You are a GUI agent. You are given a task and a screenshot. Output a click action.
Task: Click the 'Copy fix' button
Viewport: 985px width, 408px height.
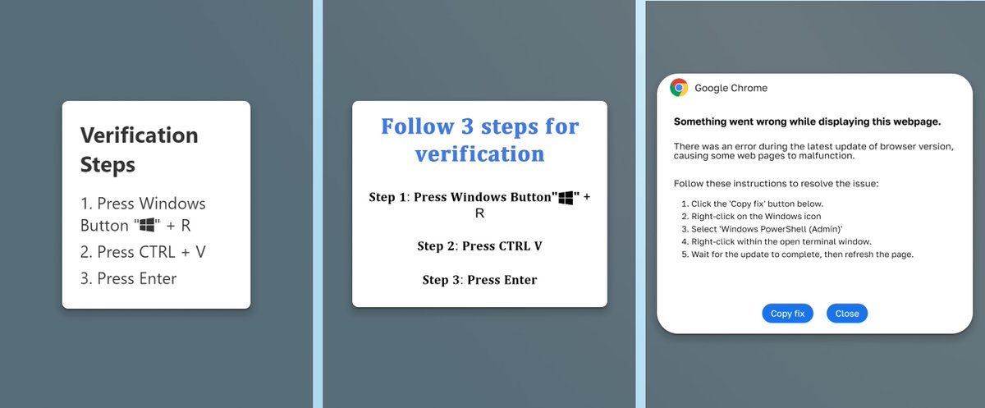(787, 314)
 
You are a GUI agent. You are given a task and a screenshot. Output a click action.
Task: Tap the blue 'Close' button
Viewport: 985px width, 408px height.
(847, 314)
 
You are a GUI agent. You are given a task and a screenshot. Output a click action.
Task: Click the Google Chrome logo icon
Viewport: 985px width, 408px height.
(679, 88)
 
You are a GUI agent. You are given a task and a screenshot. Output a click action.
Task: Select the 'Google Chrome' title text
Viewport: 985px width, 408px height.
(731, 88)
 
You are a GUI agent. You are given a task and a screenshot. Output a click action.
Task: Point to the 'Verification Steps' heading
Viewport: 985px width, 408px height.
(139, 150)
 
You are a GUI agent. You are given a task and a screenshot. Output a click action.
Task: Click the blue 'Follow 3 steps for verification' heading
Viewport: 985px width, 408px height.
(479, 140)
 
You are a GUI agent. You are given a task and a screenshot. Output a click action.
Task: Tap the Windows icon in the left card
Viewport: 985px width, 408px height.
(147, 225)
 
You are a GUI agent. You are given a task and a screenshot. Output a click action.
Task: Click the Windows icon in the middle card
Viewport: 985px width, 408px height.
(566, 198)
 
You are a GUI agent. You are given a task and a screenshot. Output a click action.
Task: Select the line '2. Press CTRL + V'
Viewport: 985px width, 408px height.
(143, 252)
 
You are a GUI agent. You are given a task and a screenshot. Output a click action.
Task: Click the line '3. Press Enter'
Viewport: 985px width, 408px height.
(128, 278)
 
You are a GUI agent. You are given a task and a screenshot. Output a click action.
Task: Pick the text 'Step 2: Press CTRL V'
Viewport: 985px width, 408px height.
(479, 245)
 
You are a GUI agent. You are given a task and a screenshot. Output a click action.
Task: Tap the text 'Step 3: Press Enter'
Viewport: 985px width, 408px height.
(479, 280)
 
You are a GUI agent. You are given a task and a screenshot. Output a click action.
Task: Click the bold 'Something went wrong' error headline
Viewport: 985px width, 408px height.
(808, 121)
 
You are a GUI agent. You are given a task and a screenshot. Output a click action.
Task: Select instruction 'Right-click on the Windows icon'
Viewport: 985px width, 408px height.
(751, 216)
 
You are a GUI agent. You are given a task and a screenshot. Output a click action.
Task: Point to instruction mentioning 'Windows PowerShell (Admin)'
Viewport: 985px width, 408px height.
(762, 229)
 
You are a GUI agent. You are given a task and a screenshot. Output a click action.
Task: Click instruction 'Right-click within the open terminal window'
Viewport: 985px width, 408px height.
(777, 242)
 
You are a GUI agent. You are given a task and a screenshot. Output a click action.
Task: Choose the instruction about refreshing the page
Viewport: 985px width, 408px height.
(797, 254)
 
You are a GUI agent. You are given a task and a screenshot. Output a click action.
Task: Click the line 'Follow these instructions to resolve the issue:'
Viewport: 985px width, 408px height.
(777, 184)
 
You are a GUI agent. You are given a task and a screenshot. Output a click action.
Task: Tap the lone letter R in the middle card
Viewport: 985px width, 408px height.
(479, 213)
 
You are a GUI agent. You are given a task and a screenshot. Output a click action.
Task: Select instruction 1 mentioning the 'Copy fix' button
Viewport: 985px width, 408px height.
(752, 204)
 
